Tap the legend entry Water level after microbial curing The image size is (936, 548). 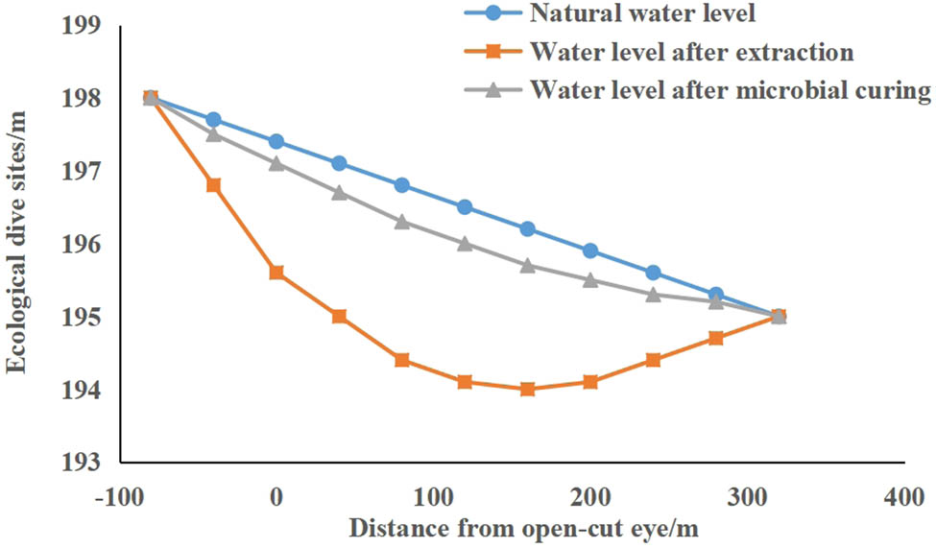click(x=731, y=90)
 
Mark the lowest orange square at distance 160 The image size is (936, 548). click(x=527, y=389)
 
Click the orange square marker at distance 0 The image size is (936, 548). click(x=276, y=273)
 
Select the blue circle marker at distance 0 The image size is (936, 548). click(x=276, y=141)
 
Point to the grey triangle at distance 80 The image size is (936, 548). click(x=402, y=222)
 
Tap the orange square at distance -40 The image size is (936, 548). click(x=214, y=185)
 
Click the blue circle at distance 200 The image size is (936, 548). click(x=590, y=250)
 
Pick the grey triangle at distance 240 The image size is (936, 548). click(x=653, y=294)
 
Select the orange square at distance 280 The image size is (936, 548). click(x=715, y=338)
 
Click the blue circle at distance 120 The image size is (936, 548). click(x=465, y=206)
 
